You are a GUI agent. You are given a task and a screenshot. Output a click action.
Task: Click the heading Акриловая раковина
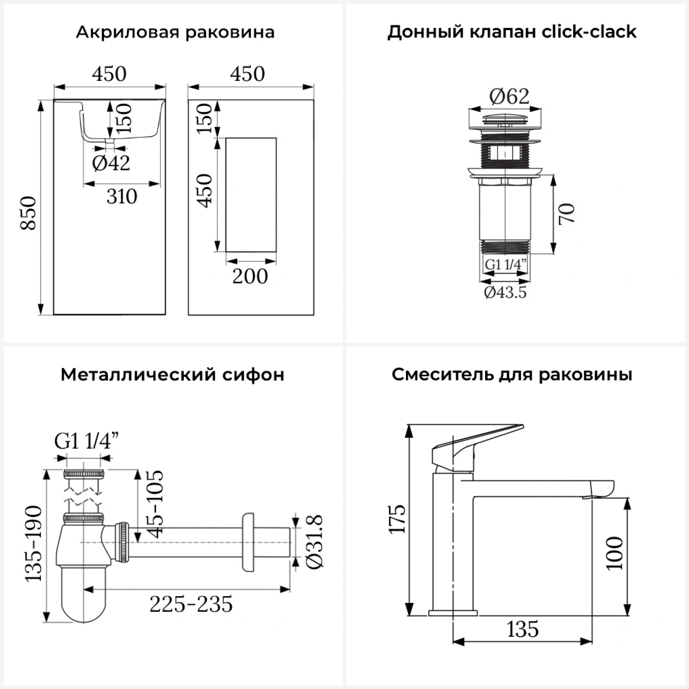coord(175,32)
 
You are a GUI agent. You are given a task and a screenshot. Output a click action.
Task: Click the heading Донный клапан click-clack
coord(512,32)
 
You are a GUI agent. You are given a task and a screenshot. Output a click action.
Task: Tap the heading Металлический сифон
coord(172,375)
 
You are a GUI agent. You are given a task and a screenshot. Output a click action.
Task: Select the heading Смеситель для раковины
coord(512,375)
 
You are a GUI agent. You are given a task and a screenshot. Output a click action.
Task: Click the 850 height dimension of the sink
coord(29,213)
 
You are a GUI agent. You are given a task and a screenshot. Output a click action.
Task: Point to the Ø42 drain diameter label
coord(111,163)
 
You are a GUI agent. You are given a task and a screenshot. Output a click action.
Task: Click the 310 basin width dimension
coord(122,197)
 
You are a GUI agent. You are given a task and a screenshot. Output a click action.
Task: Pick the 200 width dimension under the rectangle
coord(250,276)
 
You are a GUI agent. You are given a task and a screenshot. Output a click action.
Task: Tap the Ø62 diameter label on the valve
coord(509,96)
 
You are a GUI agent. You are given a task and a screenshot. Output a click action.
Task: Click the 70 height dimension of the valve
coord(567,214)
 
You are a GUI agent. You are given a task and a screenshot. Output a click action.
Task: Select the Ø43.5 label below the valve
coord(505,292)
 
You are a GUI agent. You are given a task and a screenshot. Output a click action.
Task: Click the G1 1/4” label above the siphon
coord(86,441)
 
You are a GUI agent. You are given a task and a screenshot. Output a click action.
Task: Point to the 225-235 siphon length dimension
coord(191,604)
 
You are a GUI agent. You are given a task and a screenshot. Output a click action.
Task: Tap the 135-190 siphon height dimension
coord(33,543)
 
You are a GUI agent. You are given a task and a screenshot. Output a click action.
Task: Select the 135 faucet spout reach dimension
coord(523,629)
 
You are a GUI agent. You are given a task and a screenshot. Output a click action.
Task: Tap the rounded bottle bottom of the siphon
coord(83,597)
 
